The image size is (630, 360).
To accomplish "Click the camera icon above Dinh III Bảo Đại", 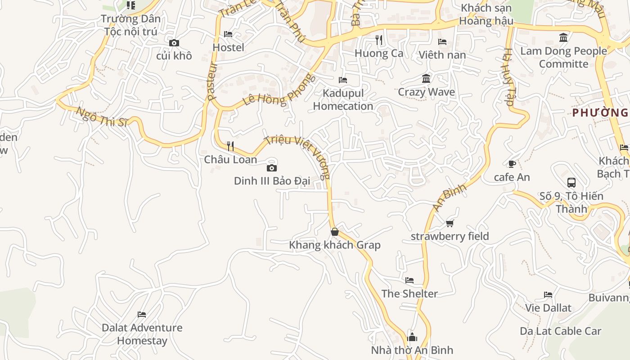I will click(272, 168).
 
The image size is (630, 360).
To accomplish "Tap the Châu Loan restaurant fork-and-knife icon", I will click(230, 146).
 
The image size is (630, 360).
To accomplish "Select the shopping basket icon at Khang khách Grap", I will click(335, 232).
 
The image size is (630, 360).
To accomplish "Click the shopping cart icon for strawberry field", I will click(450, 223).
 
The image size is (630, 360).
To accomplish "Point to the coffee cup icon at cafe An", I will click(512, 164).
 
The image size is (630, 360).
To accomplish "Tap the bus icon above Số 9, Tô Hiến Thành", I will click(571, 182).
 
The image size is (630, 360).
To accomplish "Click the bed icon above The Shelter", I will click(409, 280).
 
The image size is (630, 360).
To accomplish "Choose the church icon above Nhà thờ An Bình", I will click(412, 337).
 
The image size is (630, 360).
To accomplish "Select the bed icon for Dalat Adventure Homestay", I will click(142, 314).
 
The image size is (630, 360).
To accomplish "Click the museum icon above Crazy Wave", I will click(426, 79).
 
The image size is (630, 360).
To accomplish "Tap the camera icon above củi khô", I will click(174, 43).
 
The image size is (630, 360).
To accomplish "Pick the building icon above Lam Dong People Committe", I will click(563, 37).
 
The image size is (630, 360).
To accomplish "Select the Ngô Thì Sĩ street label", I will click(102, 117).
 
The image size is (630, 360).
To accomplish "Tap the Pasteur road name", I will click(212, 81).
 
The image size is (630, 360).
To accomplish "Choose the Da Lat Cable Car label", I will click(560, 331).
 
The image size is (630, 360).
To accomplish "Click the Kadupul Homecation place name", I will click(343, 99).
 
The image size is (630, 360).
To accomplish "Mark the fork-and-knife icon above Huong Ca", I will click(379, 40).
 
